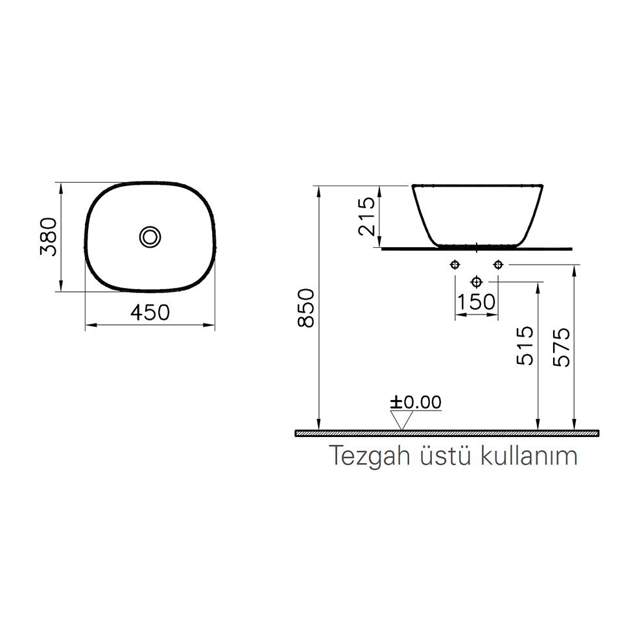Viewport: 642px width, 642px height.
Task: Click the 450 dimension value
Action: [x=150, y=313]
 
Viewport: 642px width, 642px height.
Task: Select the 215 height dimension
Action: [x=367, y=216]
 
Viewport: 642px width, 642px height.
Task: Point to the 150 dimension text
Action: [x=477, y=302]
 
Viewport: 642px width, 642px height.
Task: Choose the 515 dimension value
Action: [x=526, y=346]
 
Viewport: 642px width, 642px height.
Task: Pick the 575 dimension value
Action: [x=562, y=348]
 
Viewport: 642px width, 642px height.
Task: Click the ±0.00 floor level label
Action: [x=416, y=402]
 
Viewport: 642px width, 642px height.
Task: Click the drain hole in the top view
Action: [x=150, y=237]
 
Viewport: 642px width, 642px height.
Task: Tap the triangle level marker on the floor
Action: [x=403, y=421]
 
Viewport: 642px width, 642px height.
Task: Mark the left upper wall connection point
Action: [x=455, y=265]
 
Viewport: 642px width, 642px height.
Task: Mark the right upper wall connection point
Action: [x=498, y=265]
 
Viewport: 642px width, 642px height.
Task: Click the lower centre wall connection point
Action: [x=477, y=281]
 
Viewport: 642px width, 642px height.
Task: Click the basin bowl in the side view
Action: [x=477, y=214]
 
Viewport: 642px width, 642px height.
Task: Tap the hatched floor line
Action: [x=447, y=433]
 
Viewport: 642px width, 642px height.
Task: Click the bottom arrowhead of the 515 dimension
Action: [x=538, y=425]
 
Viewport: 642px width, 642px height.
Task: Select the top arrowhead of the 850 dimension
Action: [x=318, y=190]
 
